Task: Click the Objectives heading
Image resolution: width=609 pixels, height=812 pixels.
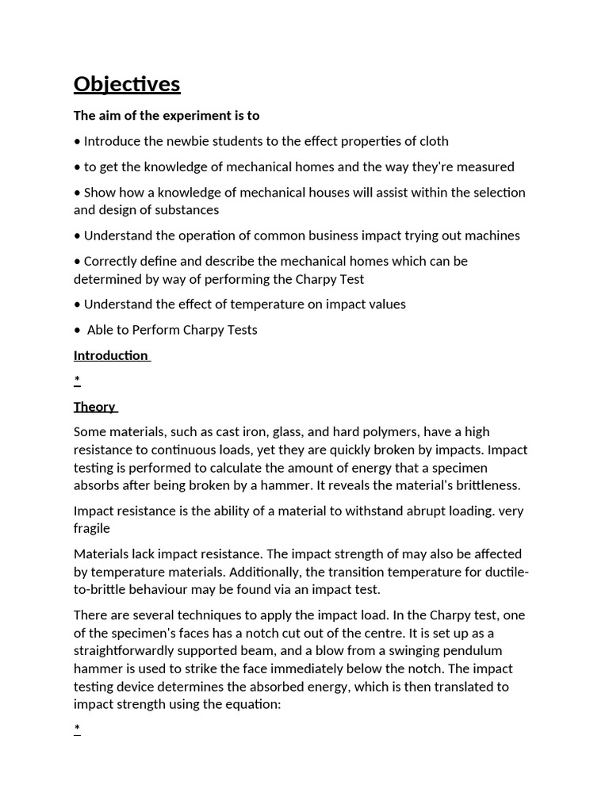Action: [127, 84]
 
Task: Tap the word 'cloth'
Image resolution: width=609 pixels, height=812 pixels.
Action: [433, 141]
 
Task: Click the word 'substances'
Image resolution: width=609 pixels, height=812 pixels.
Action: [186, 210]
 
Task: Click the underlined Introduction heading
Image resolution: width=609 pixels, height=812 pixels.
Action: [111, 355]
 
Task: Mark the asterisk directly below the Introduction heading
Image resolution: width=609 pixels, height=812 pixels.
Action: [77, 381]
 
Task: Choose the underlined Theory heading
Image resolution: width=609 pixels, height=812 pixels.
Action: [94, 407]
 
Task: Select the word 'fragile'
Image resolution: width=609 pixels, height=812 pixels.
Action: [92, 528]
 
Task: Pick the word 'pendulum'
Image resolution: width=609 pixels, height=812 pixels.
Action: [475, 651]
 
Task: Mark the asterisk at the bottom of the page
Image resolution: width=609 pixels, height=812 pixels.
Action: [77, 729]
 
